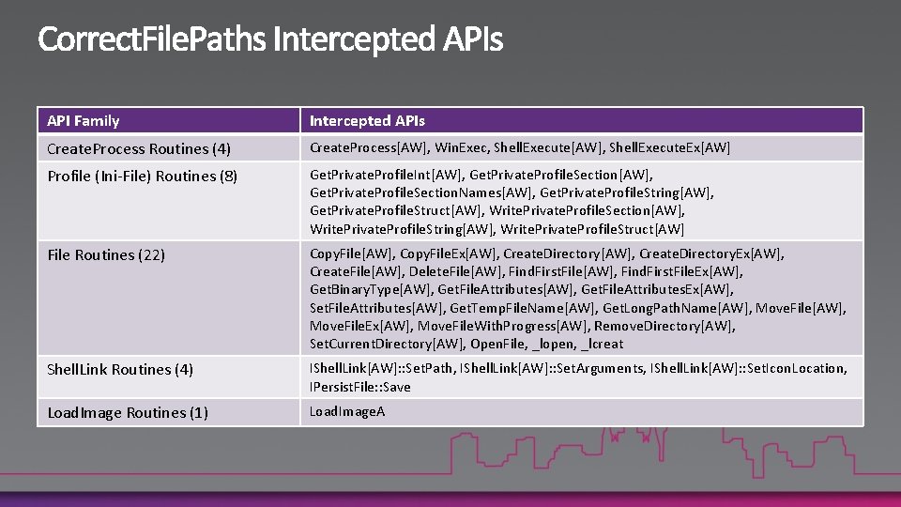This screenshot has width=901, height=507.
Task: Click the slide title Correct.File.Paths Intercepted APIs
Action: pos(270,39)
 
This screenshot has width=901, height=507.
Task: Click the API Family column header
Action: pos(84,120)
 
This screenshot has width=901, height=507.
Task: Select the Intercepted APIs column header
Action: pos(367,120)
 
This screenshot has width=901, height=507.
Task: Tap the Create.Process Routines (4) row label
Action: pos(139,148)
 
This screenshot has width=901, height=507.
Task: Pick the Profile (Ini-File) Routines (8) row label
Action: pos(142,176)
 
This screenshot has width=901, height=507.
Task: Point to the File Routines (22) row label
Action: pos(106,254)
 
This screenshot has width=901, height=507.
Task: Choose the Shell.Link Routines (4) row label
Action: pos(120,369)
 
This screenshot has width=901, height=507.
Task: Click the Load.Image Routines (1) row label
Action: pos(128,412)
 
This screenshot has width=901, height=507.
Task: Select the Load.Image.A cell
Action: pos(347,411)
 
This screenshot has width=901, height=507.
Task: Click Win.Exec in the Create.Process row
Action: pos(461,147)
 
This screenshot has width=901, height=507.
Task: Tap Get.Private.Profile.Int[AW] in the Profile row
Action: pos(386,175)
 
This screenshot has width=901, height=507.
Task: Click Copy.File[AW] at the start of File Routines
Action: pos(352,253)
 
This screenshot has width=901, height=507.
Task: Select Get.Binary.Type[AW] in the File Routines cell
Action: pos(371,289)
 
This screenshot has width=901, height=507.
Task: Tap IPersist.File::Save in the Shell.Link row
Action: pos(360,387)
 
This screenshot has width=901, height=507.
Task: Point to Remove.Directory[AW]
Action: pos(664,326)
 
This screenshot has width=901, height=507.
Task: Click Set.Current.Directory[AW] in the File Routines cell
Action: pos(386,344)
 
